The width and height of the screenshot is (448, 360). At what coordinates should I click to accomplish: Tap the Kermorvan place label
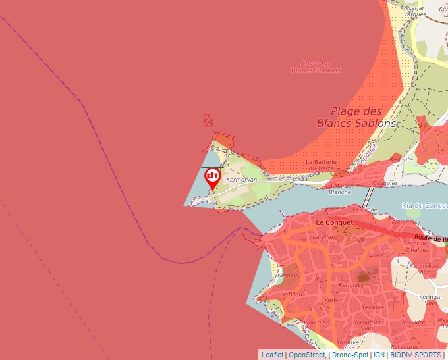236,179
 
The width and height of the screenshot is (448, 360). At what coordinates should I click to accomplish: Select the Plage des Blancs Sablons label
356,117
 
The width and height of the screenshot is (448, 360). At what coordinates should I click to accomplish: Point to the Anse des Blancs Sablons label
311,66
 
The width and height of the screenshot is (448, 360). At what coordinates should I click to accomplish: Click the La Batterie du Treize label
321,165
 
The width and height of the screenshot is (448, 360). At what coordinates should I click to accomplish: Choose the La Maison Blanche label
339,189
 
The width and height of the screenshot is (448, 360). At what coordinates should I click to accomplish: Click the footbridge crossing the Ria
368,196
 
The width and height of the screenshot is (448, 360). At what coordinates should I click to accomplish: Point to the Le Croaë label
364,209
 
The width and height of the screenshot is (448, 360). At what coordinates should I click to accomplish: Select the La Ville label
323,236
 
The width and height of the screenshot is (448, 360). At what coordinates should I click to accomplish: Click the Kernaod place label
290,275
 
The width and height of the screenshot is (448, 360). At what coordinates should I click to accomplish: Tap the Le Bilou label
291,294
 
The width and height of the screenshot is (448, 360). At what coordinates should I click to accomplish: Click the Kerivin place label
334,300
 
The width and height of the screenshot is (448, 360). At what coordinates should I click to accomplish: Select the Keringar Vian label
432,299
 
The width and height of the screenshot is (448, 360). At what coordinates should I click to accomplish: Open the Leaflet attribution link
272,355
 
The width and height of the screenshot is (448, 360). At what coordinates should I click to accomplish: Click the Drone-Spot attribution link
350,355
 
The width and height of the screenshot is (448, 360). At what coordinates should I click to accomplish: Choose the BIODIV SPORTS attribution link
416,355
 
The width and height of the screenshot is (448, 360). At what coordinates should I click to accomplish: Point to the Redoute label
401,159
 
